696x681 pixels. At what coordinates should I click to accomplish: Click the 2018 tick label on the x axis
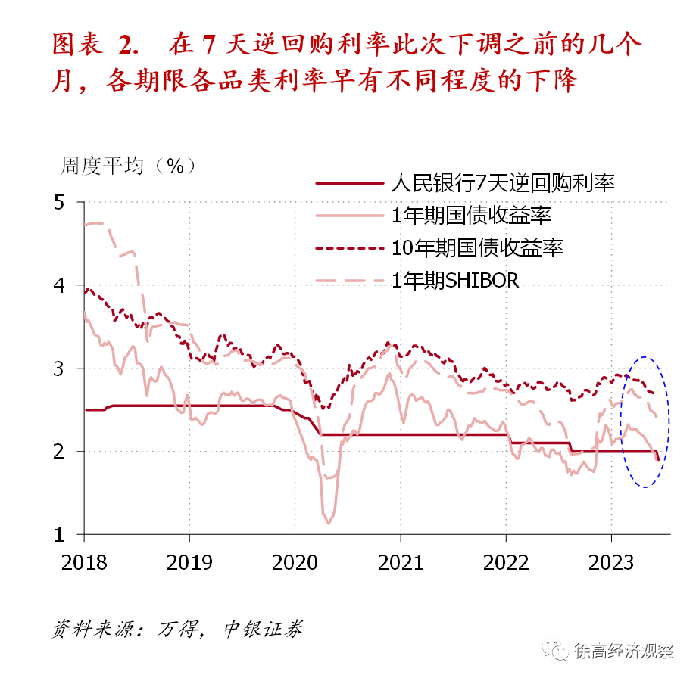pyautogui.click(x=84, y=562)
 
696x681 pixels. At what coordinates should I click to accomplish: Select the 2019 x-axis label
pyautogui.click(x=189, y=562)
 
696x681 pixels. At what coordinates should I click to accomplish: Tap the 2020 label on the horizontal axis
pyautogui.click(x=295, y=562)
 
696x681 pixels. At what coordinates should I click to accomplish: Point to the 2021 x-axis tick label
pyautogui.click(x=401, y=562)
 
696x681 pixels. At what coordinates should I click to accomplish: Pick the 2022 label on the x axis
pyautogui.click(x=506, y=562)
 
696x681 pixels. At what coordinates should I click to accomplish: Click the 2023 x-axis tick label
pyautogui.click(x=611, y=562)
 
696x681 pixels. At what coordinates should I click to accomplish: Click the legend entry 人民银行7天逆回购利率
pyautogui.click(x=503, y=183)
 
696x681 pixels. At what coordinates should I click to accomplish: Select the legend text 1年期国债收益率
pyautogui.click(x=471, y=216)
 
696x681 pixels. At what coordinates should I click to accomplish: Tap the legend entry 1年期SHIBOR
pyautogui.click(x=455, y=280)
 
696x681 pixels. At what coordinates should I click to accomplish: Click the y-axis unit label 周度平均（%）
pyautogui.click(x=129, y=166)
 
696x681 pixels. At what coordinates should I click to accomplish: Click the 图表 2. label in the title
pyautogui.click(x=95, y=45)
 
